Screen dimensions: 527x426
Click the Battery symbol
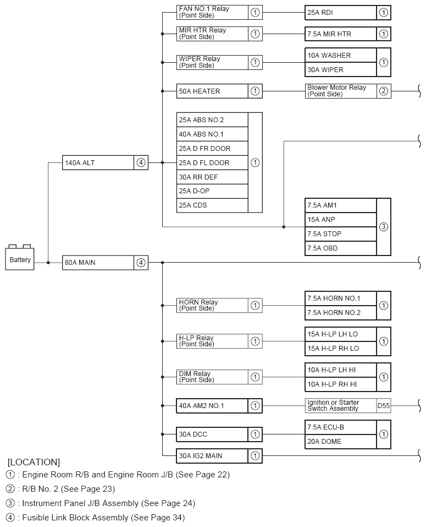coord(20,258)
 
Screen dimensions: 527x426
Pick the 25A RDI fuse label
coord(341,13)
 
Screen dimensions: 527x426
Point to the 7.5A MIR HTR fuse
coord(341,34)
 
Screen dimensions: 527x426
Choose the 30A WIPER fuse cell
coord(341,70)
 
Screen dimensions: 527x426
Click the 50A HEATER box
coord(212,91)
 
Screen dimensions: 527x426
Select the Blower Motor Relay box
coord(341,91)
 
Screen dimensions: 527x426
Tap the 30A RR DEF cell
coord(212,177)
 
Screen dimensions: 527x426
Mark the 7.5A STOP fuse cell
coord(341,234)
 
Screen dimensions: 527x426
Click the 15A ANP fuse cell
coord(341,220)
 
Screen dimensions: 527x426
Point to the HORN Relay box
coord(212,305)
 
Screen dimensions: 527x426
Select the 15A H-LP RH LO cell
coord(341,348)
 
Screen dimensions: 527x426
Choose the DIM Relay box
coord(212,377)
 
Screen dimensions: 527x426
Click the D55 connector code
coord(384,406)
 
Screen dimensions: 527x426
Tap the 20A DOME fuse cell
coord(341,442)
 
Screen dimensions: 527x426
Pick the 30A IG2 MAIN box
coord(212,456)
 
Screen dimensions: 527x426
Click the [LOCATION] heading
coord(34,462)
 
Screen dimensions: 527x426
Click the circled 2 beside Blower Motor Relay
coord(384,91)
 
